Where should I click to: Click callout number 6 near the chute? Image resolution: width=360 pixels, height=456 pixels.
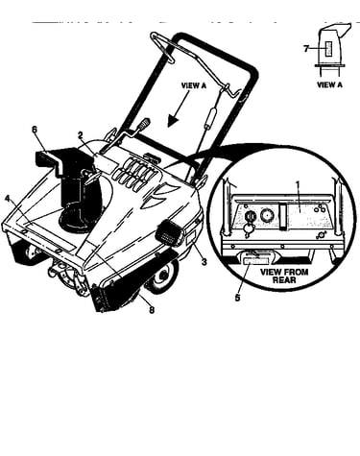click(35, 130)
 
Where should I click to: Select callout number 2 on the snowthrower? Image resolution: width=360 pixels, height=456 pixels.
click(81, 135)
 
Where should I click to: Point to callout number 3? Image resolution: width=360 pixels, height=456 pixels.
click(204, 262)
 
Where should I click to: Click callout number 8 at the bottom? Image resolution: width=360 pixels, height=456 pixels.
click(152, 310)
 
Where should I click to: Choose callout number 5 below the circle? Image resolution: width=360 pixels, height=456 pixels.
click(237, 298)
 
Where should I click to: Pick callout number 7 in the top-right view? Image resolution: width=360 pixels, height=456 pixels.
click(306, 49)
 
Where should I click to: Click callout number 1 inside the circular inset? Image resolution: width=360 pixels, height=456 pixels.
click(298, 184)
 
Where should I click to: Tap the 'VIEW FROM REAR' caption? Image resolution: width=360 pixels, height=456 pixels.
click(284, 276)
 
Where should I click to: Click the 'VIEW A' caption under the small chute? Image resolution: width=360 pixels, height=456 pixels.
click(329, 84)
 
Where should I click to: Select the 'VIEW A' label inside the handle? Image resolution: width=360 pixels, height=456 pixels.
click(194, 85)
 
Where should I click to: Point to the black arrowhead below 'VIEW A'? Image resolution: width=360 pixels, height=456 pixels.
click(173, 121)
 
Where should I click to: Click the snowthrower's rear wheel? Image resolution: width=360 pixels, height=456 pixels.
click(162, 276)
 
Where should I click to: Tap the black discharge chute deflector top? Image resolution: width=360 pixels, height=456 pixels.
click(56, 157)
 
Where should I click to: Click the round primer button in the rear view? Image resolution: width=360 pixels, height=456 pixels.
click(266, 216)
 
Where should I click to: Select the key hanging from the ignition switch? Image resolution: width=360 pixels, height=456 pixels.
click(247, 230)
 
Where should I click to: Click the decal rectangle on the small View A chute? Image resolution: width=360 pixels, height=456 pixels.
click(328, 49)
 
